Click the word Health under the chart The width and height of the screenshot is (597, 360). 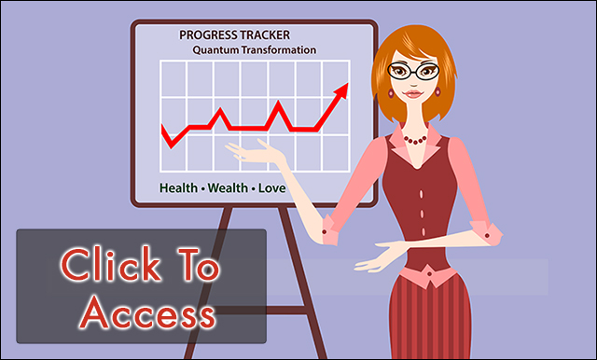(x=178, y=187)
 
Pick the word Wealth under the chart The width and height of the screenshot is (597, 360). (x=228, y=187)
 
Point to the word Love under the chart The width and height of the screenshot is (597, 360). (x=271, y=187)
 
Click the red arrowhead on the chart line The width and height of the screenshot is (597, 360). (x=342, y=90)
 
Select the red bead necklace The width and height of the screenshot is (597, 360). (x=415, y=140)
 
